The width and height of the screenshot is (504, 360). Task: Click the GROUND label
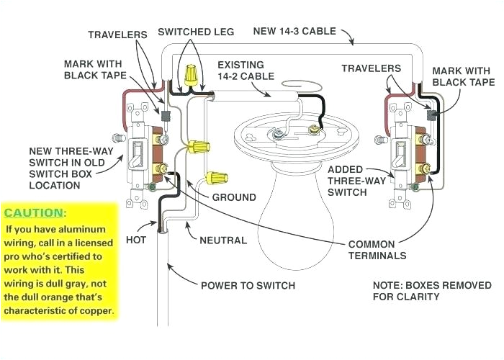pos(233,197)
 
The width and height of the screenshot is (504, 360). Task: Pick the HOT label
pos(137,239)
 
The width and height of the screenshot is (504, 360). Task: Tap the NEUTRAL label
pos(222,240)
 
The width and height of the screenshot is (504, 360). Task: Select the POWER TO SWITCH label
pos(248,285)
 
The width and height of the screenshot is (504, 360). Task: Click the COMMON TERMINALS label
pos(377,250)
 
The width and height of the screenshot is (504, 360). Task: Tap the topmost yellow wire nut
pos(192,73)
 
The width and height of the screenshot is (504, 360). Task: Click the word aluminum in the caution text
pos(84,229)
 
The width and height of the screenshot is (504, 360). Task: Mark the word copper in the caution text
pos(97,310)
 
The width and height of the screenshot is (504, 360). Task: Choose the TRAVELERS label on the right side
pos(371,68)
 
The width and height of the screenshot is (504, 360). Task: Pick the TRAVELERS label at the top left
pos(117,34)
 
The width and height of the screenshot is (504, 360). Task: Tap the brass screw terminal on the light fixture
pos(313,130)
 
